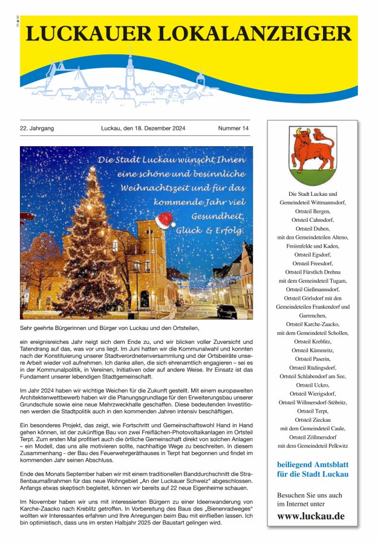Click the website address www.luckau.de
coord(311,516)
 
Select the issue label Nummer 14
coord(233,129)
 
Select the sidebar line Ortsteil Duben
coord(312,229)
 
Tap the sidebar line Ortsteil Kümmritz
coord(312,350)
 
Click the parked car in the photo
coord(227,311)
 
